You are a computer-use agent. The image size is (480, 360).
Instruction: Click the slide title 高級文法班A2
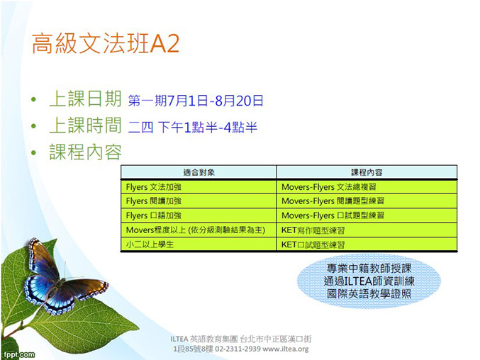pos(106,43)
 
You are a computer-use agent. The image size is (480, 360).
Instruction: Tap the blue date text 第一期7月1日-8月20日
pos(196,101)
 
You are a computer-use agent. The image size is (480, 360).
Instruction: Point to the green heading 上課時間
pos(85,125)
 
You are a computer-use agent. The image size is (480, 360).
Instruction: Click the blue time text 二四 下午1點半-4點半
pos(193,127)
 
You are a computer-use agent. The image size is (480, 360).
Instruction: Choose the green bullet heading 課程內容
pos(85,152)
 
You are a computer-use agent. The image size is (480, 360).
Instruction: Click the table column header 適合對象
pos(199,172)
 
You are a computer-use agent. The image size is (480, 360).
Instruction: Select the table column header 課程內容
pos(367,172)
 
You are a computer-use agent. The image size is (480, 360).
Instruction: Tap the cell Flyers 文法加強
pos(154,186)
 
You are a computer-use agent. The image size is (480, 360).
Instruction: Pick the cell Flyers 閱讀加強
pos(154,201)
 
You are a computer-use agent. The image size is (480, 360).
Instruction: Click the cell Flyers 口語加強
pos(154,215)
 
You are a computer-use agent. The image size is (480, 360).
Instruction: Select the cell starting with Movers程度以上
pos(196,230)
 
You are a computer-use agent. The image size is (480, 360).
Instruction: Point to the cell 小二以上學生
pos(150,244)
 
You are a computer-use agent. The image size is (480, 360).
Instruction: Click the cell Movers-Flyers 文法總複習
pos(329,186)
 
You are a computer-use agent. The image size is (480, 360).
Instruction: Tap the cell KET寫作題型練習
pos(313,230)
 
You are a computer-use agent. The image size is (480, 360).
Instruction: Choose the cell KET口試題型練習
pos(313,244)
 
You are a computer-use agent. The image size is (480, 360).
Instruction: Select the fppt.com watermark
pos(19,355)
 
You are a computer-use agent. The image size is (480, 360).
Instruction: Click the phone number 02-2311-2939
pos(238,349)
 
